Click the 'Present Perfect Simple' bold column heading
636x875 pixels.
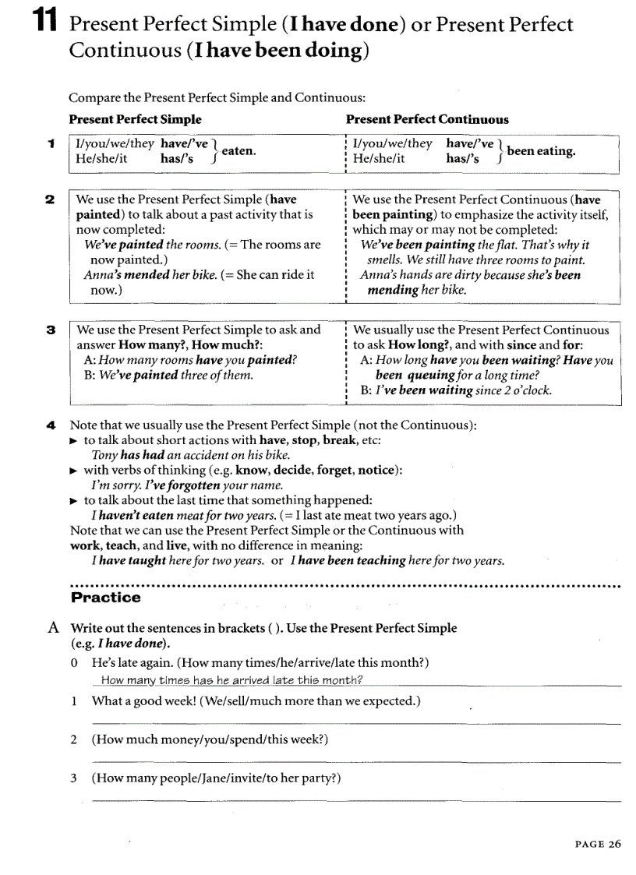point(135,119)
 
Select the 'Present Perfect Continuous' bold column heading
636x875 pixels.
point(426,119)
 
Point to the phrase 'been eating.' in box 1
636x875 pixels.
point(541,151)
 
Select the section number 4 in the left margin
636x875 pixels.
point(50,426)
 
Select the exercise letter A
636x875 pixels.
point(53,628)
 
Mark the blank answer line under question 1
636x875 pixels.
point(356,724)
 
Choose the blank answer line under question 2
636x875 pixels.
point(356,762)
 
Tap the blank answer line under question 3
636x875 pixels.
point(356,800)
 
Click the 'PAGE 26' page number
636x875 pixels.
point(598,844)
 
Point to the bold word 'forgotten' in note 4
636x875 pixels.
point(195,485)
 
